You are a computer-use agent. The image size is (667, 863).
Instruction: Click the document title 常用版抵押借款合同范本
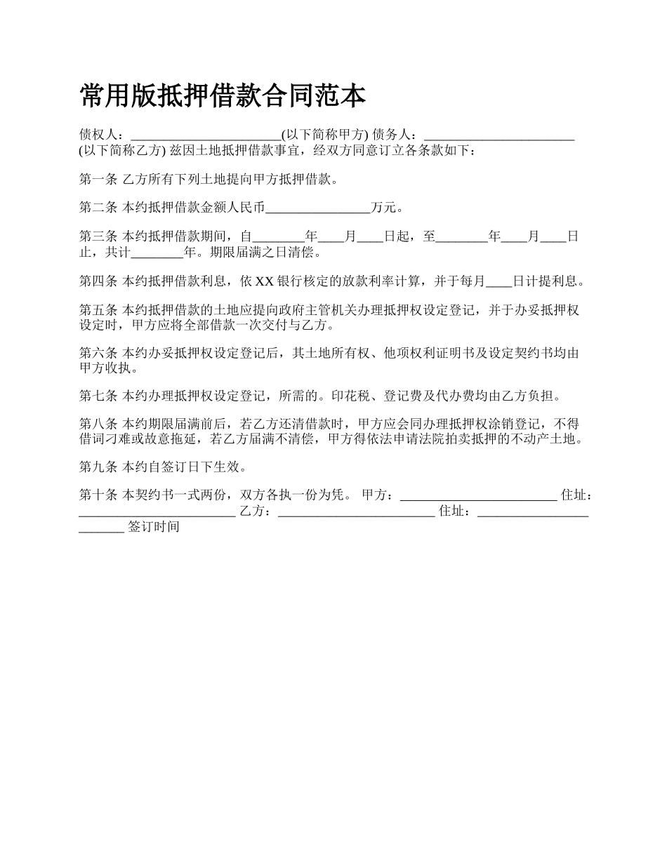click(223, 96)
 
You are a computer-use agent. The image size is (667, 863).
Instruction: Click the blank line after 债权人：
click(206, 135)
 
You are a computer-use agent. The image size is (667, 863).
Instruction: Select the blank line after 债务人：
click(500, 135)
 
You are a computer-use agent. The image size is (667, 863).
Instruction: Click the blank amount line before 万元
click(319, 208)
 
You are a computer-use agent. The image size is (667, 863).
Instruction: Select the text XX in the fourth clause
click(264, 281)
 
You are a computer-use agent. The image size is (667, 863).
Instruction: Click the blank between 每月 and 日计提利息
click(499, 281)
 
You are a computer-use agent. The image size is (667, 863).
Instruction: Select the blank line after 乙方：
click(357, 511)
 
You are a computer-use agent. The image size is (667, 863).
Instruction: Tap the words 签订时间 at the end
click(154, 527)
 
